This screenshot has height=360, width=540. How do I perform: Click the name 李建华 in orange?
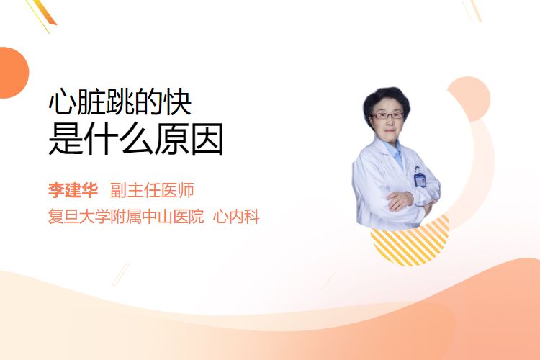pyautogui.click(x=73, y=190)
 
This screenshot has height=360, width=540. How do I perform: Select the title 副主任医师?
pyautogui.click(x=152, y=190)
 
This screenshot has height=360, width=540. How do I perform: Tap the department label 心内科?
pyautogui.click(x=236, y=217)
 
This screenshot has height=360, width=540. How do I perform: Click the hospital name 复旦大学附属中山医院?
pyautogui.click(x=126, y=217)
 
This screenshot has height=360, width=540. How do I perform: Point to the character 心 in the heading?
pyautogui.click(x=62, y=102)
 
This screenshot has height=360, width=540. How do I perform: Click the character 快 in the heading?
pyautogui.click(x=177, y=102)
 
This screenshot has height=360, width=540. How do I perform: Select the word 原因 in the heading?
pyautogui.click(x=189, y=139)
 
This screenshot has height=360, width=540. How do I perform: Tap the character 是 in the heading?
pyautogui.click(x=66, y=139)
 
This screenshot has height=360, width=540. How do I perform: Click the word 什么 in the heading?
pyautogui.click(x=119, y=139)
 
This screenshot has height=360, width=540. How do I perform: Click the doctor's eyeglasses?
pyautogui.click(x=387, y=116)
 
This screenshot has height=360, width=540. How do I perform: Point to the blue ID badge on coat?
pyautogui.click(x=420, y=179)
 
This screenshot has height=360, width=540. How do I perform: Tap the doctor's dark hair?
pyautogui.click(x=386, y=97)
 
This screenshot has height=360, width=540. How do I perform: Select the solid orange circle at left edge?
pyautogui.click(x=13, y=73)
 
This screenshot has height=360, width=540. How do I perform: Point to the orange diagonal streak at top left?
pyautogui.click(x=45, y=13)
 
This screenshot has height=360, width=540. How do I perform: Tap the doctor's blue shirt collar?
pyautogui.click(x=395, y=151)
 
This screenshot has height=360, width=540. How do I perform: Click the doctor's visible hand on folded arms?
pyautogui.click(x=399, y=201)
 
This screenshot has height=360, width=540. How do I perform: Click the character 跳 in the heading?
pyautogui.click(x=120, y=102)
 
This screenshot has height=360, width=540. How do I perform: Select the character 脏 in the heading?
pyautogui.click(x=91, y=102)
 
